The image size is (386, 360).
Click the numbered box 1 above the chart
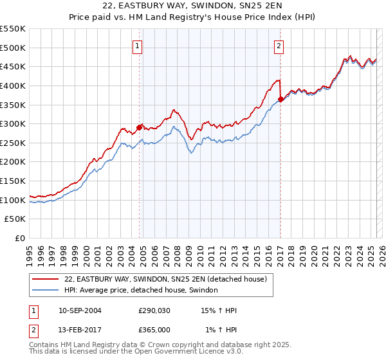click(138, 46)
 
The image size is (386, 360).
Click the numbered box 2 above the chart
click(279, 46)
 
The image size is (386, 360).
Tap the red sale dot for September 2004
click(139, 127)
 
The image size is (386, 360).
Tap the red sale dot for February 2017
click(280, 99)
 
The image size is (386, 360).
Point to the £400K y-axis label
click(13, 85)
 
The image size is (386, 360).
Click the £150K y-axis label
click(13, 181)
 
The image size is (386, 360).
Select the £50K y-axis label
click(15, 219)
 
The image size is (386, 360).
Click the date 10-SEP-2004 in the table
click(80, 310)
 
